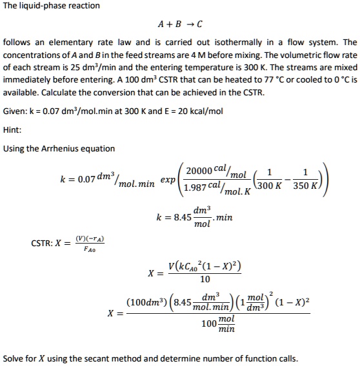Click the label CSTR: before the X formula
[43, 244]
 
